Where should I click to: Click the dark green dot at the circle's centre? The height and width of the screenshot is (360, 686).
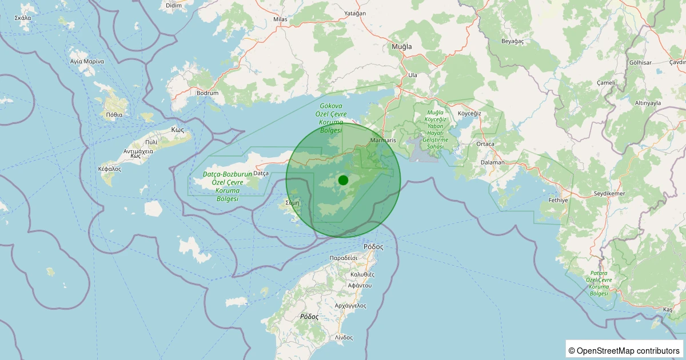click(x=343, y=180)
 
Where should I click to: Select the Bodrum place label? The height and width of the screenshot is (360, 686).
click(x=208, y=93)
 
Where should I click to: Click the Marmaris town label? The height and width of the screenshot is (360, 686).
click(x=383, y=140)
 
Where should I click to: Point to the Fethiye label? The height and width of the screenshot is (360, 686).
click(x=558, y=201)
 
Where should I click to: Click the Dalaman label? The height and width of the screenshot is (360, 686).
click(x=492, y=162)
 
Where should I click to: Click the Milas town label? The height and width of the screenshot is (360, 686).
click(x=280, y=19)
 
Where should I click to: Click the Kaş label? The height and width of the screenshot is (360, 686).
click(x=668, y=309)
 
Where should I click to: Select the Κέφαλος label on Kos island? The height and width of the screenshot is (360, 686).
click(x=109, y=169)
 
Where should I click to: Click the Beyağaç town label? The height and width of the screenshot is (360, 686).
click(x=512, y=41)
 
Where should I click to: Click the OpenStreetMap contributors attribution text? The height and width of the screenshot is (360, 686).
click(x=624, y=350)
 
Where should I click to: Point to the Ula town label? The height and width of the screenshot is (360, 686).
click(x=413, y=75)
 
